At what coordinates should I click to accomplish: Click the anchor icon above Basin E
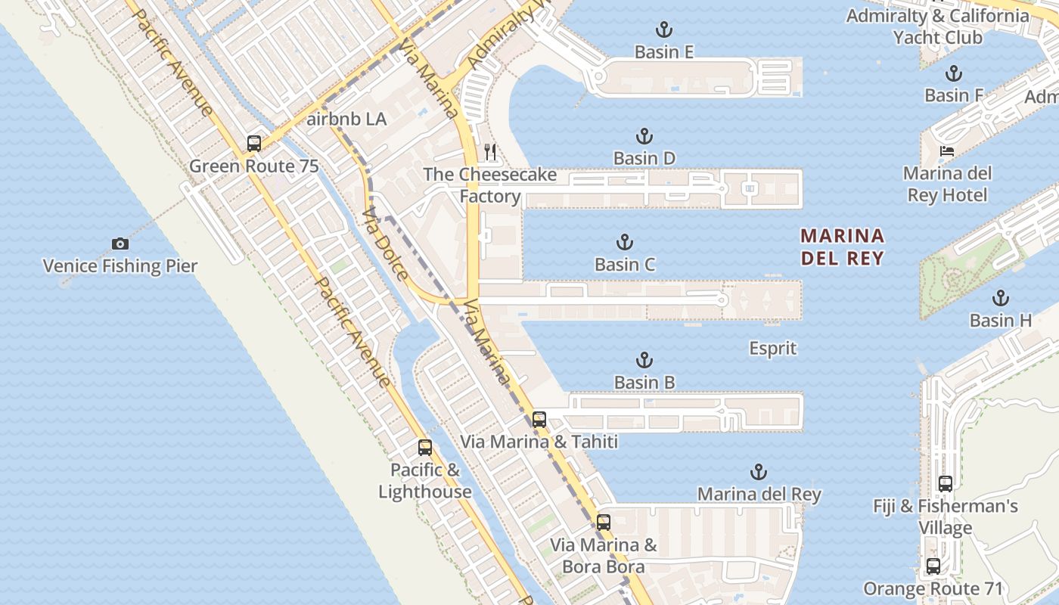pyautogui.click(x=663, y=30)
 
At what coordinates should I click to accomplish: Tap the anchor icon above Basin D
pyautogui.click(x=644, y=137)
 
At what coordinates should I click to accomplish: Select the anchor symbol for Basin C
pyautogui.click(x=625, y=243)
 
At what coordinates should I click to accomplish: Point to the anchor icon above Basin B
pyautogui.click(x=644, y=360)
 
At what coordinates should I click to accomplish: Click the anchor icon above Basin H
pyautogui.click(x=1001, y=298)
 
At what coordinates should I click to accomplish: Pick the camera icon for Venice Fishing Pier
pyautogui.click(x=120, y=244)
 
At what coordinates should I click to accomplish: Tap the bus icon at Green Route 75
pyautogui.click(x=254, y=144)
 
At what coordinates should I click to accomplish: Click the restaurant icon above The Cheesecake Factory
pyautogui.click(x=490, y=152)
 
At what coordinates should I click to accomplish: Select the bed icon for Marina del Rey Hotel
pyautogui.click(x=946, y=151)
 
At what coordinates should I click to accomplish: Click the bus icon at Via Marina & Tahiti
pyautogui.click(x=539, y=419)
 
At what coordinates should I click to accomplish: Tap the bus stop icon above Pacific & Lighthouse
pyautogui.click(x=425, y=448)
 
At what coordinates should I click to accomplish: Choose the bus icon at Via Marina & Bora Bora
pyautogui.click(x=603, y=522)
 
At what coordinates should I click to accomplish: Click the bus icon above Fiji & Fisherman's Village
pyautogui.click(x=945, y=484)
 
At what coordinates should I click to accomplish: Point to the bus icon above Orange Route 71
pyautogui.click(x=933, y=566)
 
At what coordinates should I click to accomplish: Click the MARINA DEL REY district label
pyautogui.click(x=842, y=247)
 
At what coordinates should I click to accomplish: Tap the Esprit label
pyautogui.click(x=773, y=349)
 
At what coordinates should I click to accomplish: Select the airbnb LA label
pyautogui.click(x=347, y=119)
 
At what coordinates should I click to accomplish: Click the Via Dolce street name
pyautogui.click(x=386, y=244)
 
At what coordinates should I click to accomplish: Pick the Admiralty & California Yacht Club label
pyautogui.click(x=937, y=26)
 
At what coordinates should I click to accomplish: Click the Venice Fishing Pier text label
pyautogui.click(x=120, y=266)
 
